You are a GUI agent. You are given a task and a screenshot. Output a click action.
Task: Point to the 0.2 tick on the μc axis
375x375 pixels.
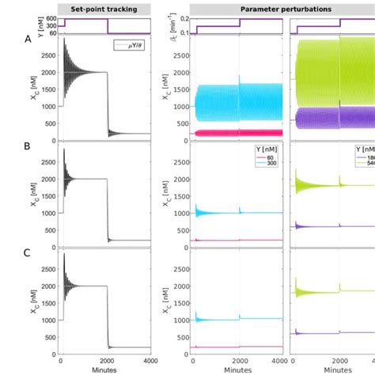(x=184, y=18)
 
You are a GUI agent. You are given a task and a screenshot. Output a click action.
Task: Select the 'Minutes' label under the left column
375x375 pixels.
(x=107, y=369)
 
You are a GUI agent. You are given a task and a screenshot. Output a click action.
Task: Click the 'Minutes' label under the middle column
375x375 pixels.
(x=238, y=369)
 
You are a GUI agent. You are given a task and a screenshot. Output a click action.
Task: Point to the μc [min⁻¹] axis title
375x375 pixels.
(x=169, y=26)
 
